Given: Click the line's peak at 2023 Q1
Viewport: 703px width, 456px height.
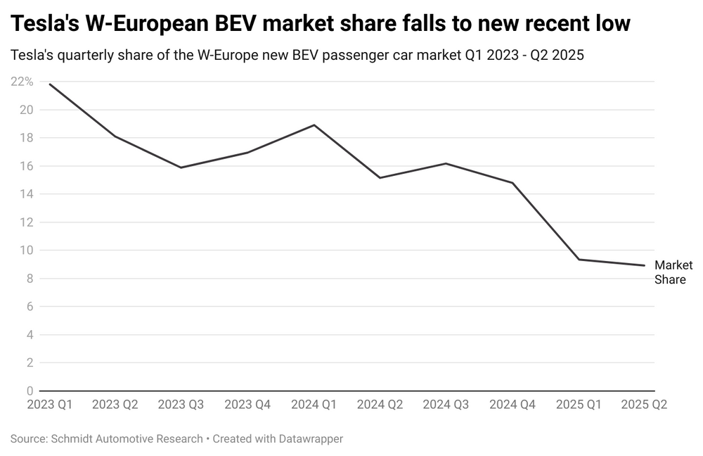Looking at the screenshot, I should click(50, 84).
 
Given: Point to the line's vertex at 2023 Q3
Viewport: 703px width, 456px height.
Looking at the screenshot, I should click(181, 167).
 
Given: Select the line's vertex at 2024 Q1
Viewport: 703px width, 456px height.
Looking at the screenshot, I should click(314, 125).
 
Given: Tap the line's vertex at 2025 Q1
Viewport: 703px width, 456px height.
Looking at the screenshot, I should click(579, 260).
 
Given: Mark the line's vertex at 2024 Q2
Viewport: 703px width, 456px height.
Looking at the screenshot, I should click(380, 177).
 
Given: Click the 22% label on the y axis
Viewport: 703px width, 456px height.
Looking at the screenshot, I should click(22, 82).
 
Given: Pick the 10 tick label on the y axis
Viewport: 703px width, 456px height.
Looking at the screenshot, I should click(27, 251).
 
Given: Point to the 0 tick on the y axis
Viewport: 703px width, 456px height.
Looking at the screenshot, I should click(30, 391).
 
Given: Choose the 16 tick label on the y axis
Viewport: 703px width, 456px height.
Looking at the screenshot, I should click(27, 166).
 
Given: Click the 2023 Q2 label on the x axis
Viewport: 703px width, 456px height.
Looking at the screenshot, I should click(115, 405).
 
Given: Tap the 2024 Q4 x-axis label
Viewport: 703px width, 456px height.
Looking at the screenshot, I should click(512, 405).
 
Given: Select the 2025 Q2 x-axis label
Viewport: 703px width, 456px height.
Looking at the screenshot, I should click(645, 405).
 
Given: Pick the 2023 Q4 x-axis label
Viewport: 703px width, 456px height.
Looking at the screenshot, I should click(247, 405).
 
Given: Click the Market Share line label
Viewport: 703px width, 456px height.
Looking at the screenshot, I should click(673, 272).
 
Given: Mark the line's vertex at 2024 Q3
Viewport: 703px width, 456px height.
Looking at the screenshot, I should click(446, 163).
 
